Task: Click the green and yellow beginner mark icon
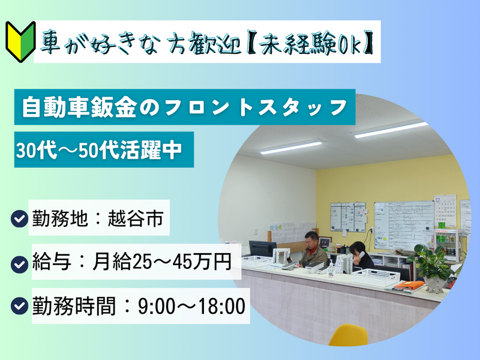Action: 18,38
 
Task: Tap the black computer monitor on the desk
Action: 262,249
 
